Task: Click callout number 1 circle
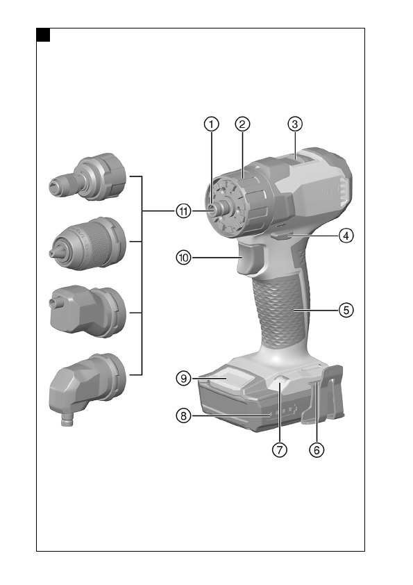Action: pos(211,124)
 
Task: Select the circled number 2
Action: pos(242,124)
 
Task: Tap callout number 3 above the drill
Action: pos(295,124)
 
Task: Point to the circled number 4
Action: pos(346,236)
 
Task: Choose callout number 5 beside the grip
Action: pos(346,310)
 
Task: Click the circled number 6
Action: pos(317,450)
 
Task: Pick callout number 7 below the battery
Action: pos(280,450)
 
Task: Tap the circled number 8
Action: pos(183,415)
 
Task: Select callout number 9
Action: pos(183,379)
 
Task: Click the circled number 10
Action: pos(183,258)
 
